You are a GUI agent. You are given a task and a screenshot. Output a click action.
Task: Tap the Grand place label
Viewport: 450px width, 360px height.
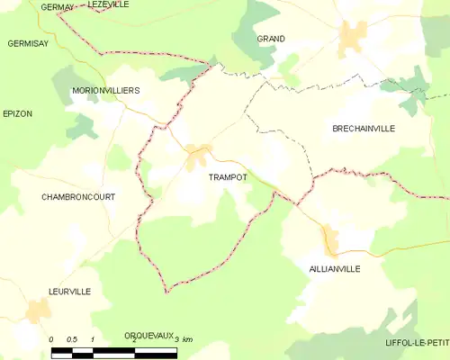point(271,40)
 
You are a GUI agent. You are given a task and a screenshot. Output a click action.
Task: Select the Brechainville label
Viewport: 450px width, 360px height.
point(364,129)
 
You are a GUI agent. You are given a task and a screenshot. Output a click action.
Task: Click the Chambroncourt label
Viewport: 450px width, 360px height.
point(78,196)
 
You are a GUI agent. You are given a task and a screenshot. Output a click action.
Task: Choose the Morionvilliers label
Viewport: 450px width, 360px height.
point(106,91)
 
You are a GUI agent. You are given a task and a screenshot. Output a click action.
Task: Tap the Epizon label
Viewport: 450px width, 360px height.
point(19,114)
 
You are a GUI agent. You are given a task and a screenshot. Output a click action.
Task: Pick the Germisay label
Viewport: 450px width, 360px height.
point(28,43)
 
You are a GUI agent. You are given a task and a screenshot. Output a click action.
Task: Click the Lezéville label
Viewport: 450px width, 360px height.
point(109,4)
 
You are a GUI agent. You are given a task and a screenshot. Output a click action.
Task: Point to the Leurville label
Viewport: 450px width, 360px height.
point(69,292)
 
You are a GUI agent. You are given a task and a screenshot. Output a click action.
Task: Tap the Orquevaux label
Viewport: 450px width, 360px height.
point(149,335)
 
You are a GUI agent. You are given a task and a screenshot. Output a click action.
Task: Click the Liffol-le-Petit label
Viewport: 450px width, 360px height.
point(416,344)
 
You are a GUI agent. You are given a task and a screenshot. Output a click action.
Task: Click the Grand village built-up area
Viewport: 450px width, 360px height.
point(352,36)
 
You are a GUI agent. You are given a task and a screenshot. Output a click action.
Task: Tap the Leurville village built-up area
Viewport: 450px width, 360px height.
point(37,311)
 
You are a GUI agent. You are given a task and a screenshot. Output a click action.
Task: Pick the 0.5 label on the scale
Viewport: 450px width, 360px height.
point(72,339)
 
